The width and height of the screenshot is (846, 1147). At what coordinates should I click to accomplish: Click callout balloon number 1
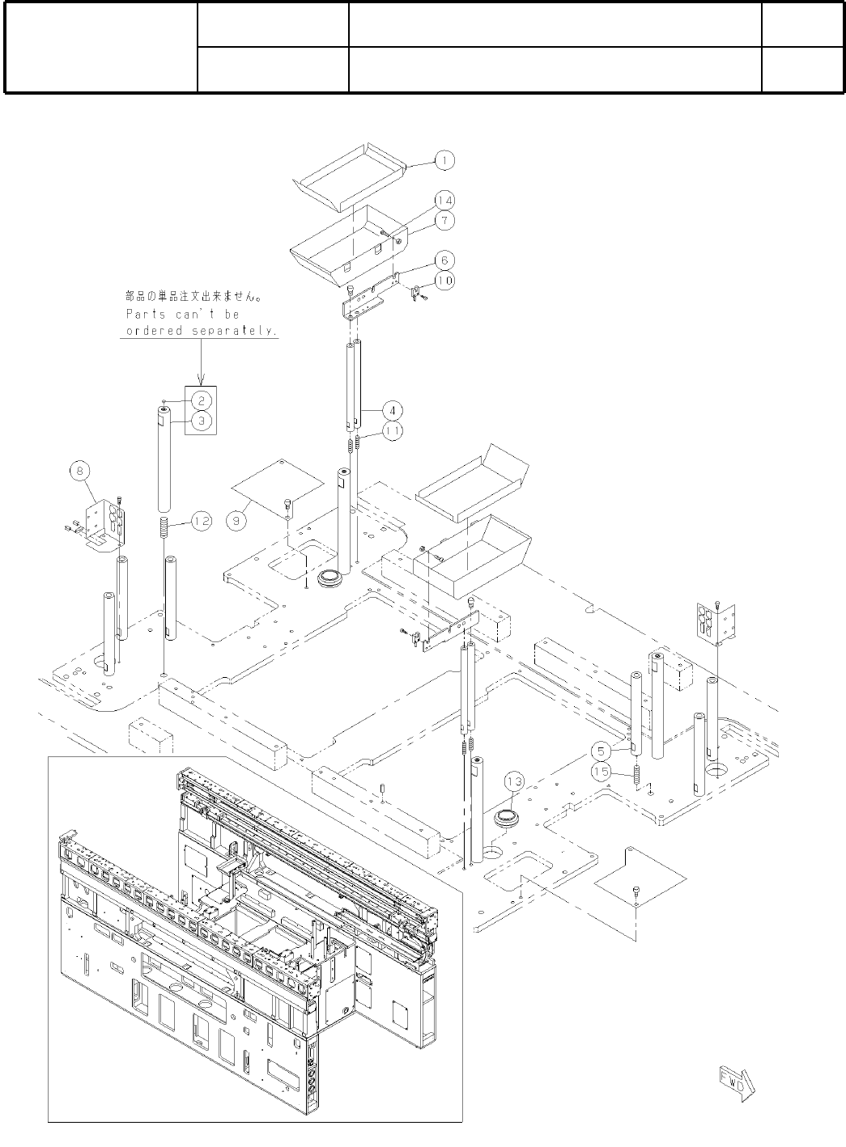(x=444, y=160)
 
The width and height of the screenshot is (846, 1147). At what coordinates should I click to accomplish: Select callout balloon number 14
(x=444, y=200)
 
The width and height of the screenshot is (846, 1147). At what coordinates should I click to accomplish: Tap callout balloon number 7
(x=444, y=220)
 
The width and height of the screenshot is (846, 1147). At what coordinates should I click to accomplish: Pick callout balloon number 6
(x=444, y=260)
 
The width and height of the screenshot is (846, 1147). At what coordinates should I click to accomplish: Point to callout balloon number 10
(x=444, y=280)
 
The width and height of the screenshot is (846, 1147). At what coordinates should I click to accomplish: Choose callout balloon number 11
(x=392, y=431)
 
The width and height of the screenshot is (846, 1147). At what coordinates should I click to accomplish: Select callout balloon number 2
(x=202, y=400)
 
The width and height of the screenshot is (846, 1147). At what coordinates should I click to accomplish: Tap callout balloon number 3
(x=202, y=421)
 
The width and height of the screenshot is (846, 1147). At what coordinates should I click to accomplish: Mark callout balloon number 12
(x=201, y=522)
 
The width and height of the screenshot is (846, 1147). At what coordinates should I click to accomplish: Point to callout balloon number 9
(x=236, y=522)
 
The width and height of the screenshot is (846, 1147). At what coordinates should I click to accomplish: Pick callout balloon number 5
(x=600, y=750)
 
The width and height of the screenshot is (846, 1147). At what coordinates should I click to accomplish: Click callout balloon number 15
(x=600, y=771)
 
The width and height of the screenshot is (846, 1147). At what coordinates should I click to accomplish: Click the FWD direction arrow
(x=734, y=1082)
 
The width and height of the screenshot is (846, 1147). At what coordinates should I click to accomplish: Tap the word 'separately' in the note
(x=237, y=332)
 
